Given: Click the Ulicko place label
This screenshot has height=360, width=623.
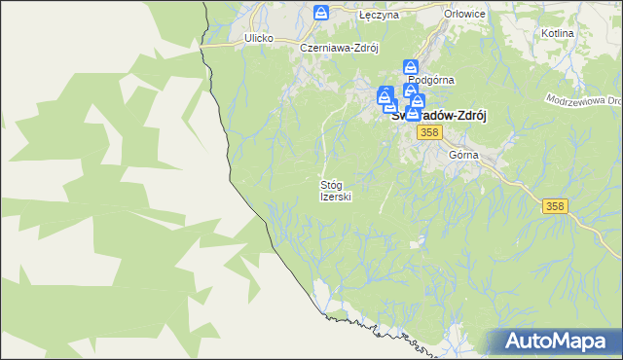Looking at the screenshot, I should click(x=258, y=38).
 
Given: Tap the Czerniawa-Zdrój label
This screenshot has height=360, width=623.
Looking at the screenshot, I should click(x=338, y=46).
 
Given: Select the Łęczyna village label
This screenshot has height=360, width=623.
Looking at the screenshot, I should click(x=374, y=17).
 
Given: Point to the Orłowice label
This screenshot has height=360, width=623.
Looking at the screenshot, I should click(x=463, y=16).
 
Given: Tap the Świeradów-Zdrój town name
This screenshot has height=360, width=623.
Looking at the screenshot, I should click(x=439, y=113).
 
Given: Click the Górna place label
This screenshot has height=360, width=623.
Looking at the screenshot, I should click(x=463, y=155).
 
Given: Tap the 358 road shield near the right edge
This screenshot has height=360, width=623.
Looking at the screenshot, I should click(x=555, y=205).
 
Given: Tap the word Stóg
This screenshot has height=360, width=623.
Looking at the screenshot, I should click(x=332, y=184).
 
